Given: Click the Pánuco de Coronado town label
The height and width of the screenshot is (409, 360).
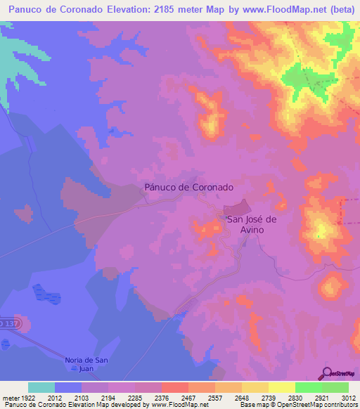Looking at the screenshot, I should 188,188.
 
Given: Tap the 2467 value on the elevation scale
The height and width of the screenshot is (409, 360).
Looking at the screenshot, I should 188,397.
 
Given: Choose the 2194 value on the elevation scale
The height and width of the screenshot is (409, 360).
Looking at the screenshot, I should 108,397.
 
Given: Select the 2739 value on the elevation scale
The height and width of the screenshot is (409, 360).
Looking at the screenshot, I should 268,397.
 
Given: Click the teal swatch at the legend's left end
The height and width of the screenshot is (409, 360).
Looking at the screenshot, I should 41,387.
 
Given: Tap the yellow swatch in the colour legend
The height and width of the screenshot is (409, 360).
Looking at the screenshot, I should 281,387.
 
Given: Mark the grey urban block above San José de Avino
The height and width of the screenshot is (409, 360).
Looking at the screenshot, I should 238,209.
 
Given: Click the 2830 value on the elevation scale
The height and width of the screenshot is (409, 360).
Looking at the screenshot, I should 295,397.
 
